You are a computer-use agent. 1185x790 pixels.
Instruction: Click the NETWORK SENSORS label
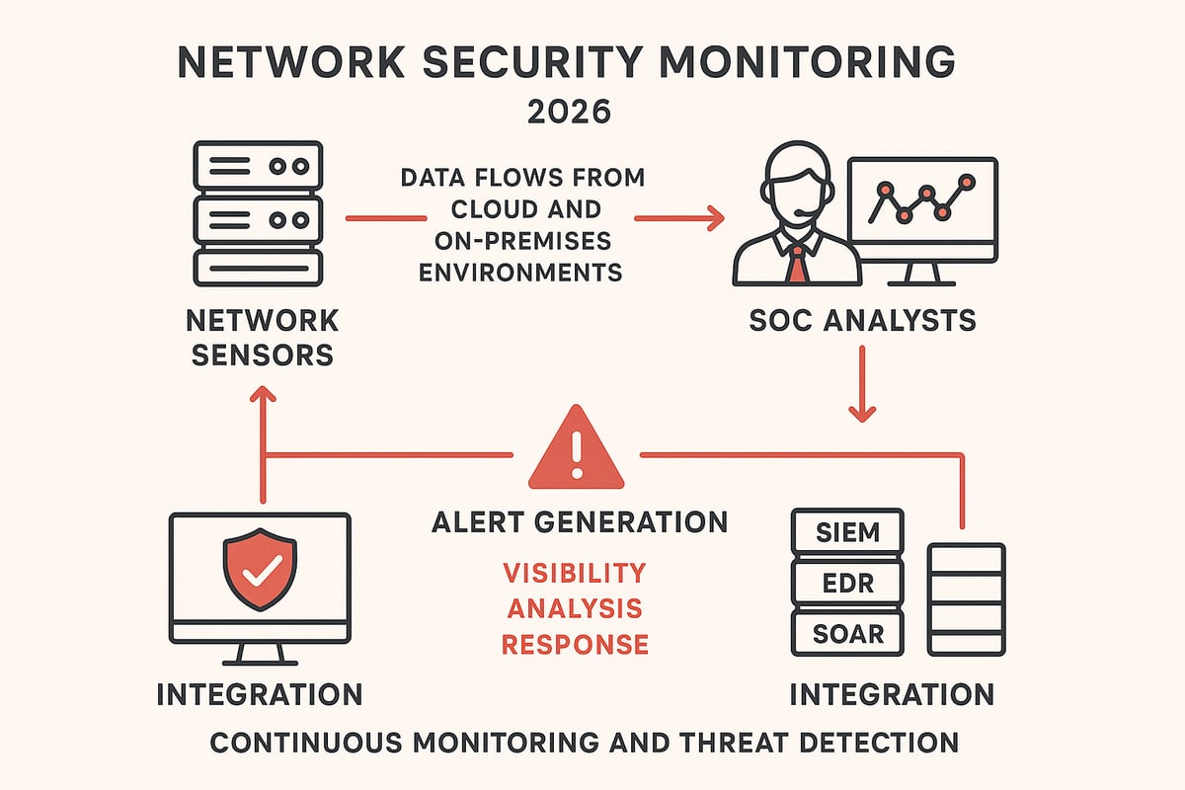[x=263, y=337]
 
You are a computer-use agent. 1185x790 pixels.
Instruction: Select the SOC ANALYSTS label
[x=863, y=320]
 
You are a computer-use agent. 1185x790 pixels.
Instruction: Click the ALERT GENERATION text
[x=580, y=520]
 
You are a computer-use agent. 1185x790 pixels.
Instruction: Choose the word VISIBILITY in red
[x=575, y=574]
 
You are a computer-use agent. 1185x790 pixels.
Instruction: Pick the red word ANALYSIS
[x=575, y=609]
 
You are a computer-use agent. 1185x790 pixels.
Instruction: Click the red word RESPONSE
[x=575, y=645]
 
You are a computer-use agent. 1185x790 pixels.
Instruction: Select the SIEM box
[x=848, y=533]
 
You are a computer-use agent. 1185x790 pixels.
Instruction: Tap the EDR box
[x=848, y=585]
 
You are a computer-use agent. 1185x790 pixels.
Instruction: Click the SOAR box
[x=848, y=634]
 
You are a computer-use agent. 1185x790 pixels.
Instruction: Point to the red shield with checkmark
[x=260, y=570]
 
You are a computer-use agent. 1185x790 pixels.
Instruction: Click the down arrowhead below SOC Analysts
[x=863, y=413]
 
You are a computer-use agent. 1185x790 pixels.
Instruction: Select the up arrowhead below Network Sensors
[x=262, y=393]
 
